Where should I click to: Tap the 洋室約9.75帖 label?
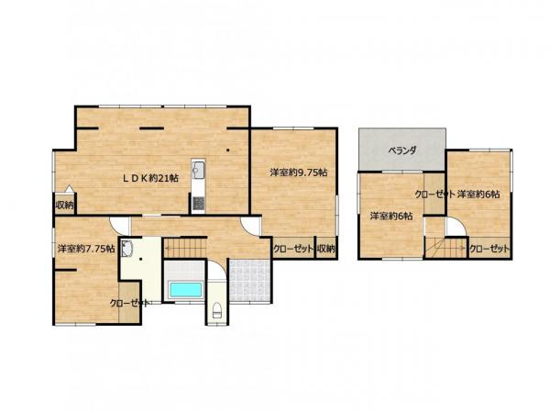298,172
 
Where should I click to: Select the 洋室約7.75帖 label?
85,249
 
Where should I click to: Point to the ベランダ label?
401,149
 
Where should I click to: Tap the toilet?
216,309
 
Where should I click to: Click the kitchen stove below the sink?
198,200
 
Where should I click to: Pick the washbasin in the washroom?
127,249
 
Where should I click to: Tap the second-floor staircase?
448,247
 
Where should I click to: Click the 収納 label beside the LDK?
63,205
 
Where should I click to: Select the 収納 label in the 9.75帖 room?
326,248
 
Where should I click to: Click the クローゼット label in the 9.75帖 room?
292,248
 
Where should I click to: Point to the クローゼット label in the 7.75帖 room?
129,302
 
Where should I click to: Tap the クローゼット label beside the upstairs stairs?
489,249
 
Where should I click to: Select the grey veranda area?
401,149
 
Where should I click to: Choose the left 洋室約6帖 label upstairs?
391,216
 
